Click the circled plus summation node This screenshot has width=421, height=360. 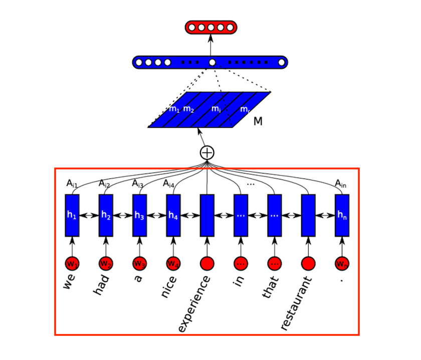(207, 153)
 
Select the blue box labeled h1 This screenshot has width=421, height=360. (72, 215)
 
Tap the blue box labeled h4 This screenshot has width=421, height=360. (173, 215)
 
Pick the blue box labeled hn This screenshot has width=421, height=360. (342, 215)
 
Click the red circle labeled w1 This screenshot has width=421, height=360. (72, 263)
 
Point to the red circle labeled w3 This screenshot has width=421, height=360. (140, 263)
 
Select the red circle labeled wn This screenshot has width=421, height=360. (342, 263)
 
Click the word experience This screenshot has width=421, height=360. (194, 304)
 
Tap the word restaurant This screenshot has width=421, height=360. (296, 303)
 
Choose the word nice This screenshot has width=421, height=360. (168, 287)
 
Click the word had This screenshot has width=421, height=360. (101, 284)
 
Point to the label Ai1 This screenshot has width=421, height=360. (72, 184)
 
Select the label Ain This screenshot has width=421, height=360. (341, 184)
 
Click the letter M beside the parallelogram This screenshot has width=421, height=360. (258, 121)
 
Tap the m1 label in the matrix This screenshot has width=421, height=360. (174, 109)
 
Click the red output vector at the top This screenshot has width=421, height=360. (210, 27)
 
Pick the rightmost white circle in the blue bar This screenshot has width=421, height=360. (282, 62)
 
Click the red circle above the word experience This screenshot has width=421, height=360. (207, 263)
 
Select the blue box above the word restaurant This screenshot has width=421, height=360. (308, 215)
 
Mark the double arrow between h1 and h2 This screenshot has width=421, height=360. (89, 216)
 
